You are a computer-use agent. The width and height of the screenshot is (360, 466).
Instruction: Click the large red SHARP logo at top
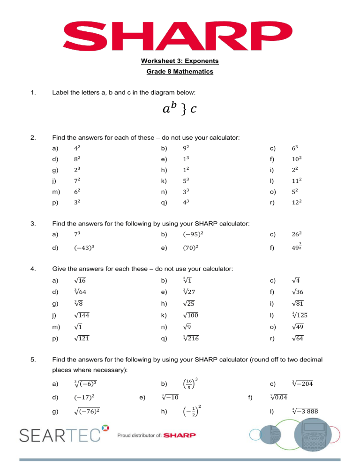click(x=180, y=33)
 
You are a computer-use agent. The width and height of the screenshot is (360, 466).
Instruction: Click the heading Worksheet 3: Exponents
click(x=180, y=61)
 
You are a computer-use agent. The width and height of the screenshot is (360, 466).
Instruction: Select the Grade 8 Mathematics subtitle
click(x=180, y=72)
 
